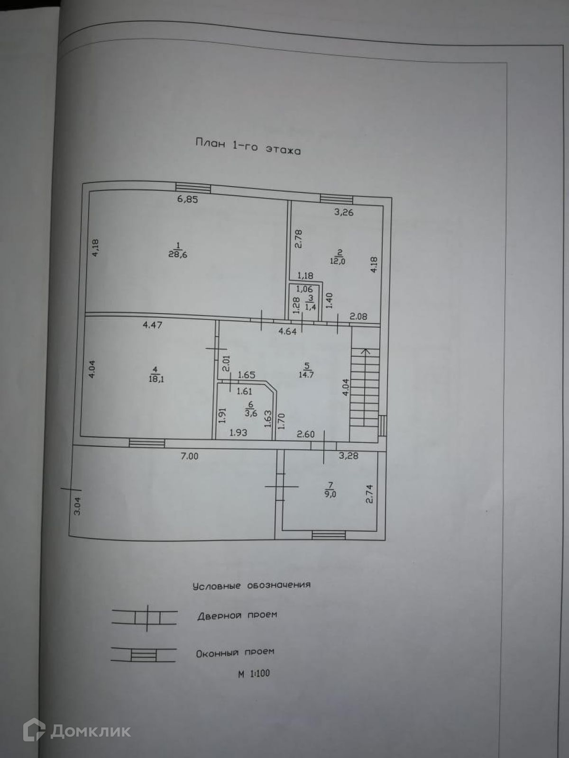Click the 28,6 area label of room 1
(178, 254)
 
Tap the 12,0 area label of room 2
(338, 260)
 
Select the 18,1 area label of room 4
(156, 379)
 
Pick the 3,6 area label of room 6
(251, 412)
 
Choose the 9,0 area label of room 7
(330, 493)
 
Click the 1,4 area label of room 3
(311, 307)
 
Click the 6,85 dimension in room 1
(187, 199)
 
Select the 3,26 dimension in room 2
(344, 212)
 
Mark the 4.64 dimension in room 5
(287, 331)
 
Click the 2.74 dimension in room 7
(370, 493)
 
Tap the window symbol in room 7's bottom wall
(329, 535)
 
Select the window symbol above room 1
(193, 188)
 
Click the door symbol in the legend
(147, 618)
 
